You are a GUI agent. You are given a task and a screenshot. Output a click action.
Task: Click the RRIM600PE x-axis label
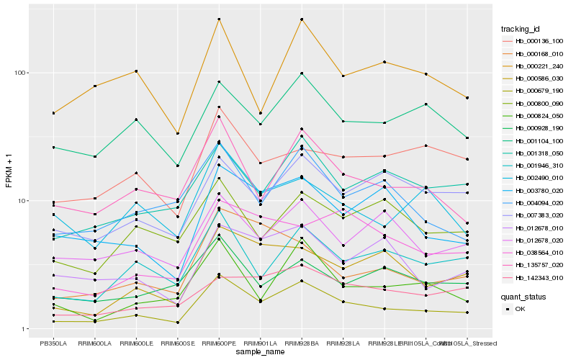[219, 343]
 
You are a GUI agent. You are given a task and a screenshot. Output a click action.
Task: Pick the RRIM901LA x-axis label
[260, 343]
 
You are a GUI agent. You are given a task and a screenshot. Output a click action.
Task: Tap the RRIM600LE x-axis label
[136, 343]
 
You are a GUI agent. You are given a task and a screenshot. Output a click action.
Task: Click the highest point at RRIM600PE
[219, 19]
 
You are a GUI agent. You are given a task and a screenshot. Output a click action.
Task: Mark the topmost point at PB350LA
[53, 113]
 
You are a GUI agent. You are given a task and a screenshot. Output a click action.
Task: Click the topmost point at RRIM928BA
[302, 19]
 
